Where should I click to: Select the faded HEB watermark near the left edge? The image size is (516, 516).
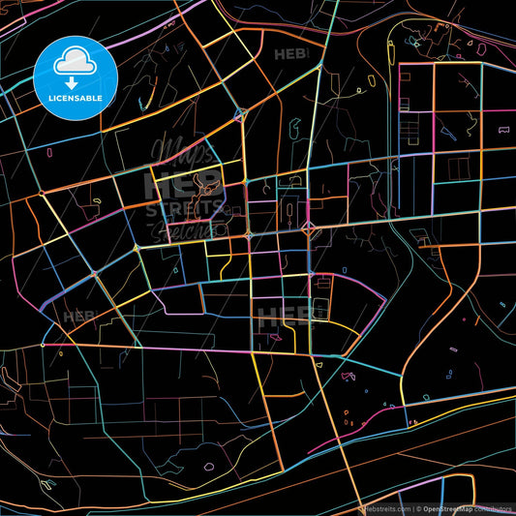[79, 317]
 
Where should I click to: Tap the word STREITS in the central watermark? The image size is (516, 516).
[184, 208]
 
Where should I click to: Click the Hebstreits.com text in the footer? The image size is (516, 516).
[383, 507]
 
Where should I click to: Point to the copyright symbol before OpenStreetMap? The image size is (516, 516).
[420, 507]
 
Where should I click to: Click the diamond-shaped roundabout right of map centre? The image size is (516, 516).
[309, 229]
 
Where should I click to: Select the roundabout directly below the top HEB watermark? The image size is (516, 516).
[240, 113]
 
